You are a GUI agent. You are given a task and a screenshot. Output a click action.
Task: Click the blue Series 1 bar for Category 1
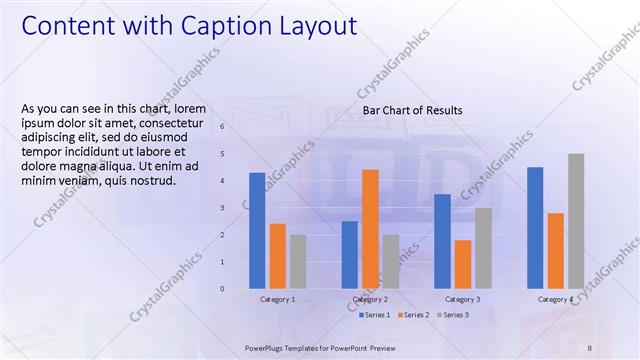pos(258,230)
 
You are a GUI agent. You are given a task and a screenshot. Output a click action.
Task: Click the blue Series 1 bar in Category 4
pos(535,227)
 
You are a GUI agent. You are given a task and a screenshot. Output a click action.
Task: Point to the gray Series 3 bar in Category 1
pos(298,261)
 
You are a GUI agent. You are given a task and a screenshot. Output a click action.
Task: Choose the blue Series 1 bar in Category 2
pos(349,254)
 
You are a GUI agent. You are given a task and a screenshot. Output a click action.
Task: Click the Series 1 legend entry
pos(375,315)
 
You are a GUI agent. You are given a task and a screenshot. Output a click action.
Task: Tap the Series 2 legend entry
pos(415,315)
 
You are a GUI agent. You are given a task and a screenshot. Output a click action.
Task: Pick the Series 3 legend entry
pos(453,315)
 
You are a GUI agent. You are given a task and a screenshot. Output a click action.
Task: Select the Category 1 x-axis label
pos(278,299)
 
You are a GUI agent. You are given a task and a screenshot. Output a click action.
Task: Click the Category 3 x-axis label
pos(462,299)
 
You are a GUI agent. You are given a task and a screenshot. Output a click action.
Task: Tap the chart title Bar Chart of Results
pos(412,110)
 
